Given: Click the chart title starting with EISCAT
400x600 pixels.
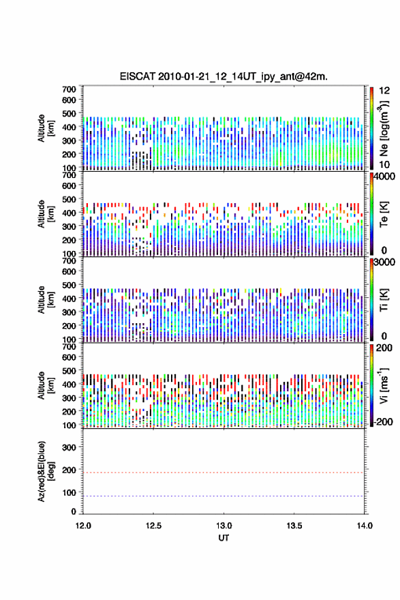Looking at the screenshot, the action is (x=224, y=76).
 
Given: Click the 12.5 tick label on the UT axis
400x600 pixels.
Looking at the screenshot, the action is (x=153, y=526).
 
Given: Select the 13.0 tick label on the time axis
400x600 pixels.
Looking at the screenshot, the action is (x=224, y=526).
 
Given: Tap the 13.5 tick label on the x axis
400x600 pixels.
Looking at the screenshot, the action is (x=294, y=526).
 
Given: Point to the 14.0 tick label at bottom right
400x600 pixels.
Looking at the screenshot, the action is (x=365, y=526).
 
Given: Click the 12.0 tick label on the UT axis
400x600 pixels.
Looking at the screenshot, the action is (x=83, y=526).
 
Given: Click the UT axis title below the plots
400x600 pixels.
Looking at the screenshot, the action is (x=224, y=538).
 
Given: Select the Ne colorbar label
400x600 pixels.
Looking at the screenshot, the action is (x=384, y=129).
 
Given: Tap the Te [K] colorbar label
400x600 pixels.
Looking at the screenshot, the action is (x=384, y=214).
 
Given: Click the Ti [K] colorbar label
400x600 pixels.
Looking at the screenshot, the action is (x=384, y=300).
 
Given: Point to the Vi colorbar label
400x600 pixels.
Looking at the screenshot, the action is (x=384, y=385).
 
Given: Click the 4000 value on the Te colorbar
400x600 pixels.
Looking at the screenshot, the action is (x=384, y=177).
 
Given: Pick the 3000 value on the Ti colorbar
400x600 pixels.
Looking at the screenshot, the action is (x=384, y=262).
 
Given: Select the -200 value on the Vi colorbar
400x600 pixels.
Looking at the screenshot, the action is (x=383, y=422).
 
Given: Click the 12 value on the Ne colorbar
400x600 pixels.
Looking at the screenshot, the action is (x=384, y=91).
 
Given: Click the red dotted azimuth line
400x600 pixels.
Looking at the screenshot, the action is (x=224, y=472).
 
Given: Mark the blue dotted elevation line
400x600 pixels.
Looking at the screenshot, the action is (x=224, y=496).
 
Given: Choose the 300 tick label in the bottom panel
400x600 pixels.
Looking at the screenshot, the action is (x=69, y=448).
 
